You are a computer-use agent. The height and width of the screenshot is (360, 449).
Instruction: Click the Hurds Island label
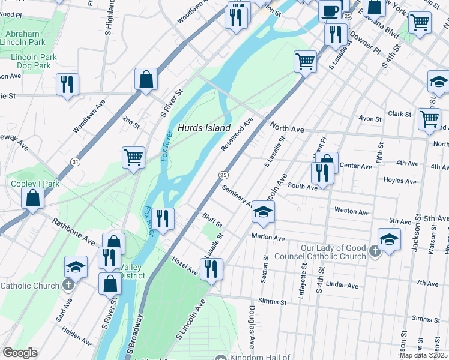coord(204,128)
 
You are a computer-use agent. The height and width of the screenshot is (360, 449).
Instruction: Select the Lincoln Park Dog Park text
coord(34,61)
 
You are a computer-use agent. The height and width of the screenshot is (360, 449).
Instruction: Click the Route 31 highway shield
coord(74,162)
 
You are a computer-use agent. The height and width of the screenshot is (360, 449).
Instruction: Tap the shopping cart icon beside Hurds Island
coord(133,157)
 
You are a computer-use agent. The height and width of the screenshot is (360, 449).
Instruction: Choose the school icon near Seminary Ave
coord(263,211)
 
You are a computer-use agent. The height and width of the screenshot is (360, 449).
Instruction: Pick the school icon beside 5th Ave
coord(389,240)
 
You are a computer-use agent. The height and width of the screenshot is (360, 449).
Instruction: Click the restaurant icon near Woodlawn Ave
coord(67,85)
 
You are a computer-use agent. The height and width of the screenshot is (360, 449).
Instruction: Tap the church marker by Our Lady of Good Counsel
coord(375,251)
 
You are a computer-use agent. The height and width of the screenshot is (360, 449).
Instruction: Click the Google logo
coord(20,352)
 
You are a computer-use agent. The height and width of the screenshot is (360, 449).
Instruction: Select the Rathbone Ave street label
coord(73,232)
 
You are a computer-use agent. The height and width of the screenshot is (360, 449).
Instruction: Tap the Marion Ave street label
coord(268,238)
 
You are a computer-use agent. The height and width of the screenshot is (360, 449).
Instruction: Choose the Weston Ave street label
coord(352,212)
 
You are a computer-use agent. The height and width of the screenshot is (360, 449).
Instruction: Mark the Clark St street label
coord(400,113)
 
